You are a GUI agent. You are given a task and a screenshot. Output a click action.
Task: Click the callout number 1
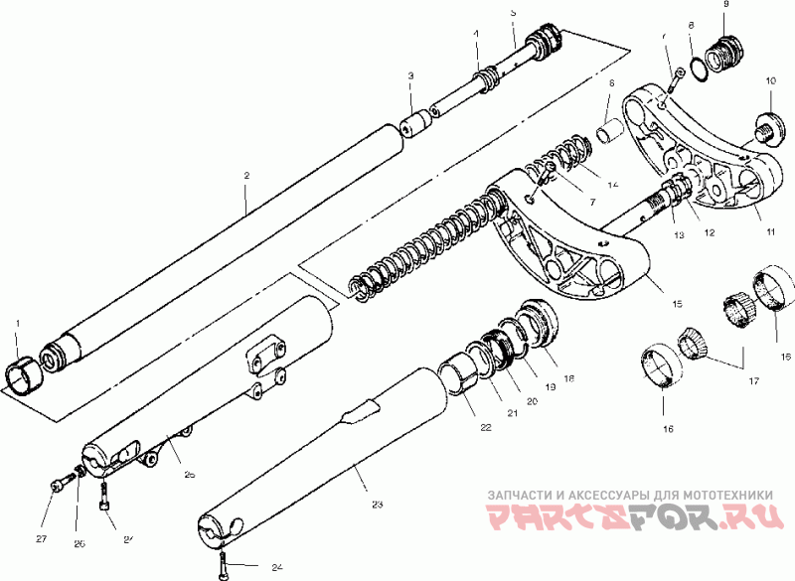(x=16, y=324)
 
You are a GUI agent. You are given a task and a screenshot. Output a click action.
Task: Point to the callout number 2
(x=245, y=176)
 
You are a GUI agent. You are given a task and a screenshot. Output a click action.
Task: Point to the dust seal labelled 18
(x=538, y=323)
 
